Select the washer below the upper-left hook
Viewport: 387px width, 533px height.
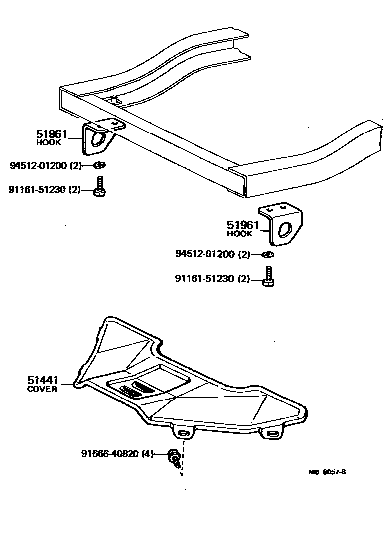[x=99, y=165]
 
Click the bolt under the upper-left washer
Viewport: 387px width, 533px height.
[x=100, y=187]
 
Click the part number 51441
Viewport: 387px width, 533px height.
[x=43, y=380]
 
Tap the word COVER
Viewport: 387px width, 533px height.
[x=42, y=389]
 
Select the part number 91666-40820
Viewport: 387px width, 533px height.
[x=110, y=454]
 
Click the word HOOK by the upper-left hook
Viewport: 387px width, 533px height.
[x=48, y=142]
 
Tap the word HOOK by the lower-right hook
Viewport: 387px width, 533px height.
[x=239, y=233]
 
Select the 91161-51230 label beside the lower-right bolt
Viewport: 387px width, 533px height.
[x=204, y=279]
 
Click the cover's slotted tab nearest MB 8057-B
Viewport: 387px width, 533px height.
[x=274, y=434]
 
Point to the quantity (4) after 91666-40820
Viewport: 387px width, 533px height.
[x=147, y=454]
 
